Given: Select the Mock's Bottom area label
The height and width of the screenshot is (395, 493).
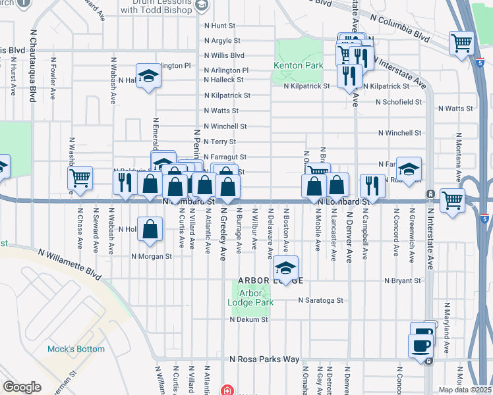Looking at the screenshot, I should (x=76, y=349).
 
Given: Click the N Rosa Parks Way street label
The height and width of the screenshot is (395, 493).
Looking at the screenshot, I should (x=264, y=359).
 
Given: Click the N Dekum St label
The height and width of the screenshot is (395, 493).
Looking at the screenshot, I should (x=248, y=319).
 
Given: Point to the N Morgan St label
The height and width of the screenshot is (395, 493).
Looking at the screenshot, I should (x=151, y=257).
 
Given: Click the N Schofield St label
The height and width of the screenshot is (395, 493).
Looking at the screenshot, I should (x=398, y=102).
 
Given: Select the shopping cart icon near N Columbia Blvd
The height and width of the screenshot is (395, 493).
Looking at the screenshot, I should (x=461, y=43).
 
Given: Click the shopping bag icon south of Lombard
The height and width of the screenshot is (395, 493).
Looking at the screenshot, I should (x=151, y=229).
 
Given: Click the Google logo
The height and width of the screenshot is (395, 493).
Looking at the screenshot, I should (x=22, y=387).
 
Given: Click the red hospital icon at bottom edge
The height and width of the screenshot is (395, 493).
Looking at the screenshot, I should (x=227, y=390).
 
